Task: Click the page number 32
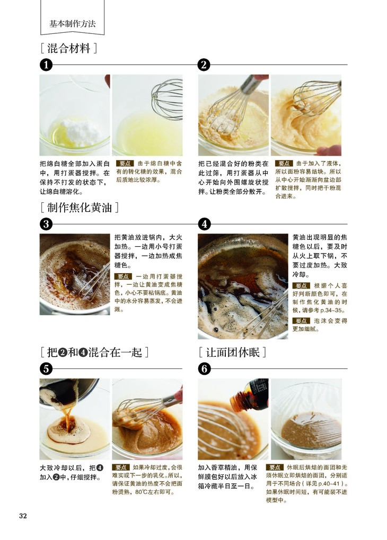click(x=23, y=516)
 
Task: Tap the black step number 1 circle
click(x=46, y=65)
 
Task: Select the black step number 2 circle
click(x=204, y=65)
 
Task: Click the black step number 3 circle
click(x=46, y=224)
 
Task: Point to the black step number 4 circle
click(x=204, y=224)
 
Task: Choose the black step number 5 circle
click(x=46, y=369)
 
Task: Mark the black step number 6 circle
click(x=204, y=369)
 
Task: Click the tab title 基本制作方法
click(x=73, y=24)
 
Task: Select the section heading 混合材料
click(x=68, y=48)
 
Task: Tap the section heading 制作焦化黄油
click(x=80, y=208)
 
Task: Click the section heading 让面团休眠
click(x=233, y=352)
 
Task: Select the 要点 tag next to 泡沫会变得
click(x=301, y=321)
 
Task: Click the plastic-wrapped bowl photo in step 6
click(x=306, y=419)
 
